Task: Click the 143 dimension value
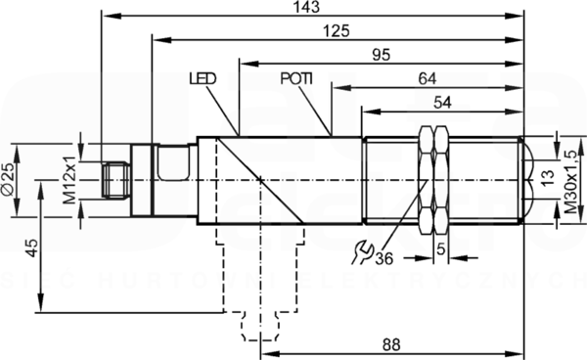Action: pyautogui.click(x=307, y=7)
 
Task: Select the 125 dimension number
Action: pyautogui.click(x=337, y=30)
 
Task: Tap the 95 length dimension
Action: pyautogui.click(x=382, y=55)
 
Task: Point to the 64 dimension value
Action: pyautogui.click(x=428, y=78)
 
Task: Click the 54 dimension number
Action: pyautogui.click(x=442, y=102)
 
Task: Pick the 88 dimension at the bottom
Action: pyautogui.click(x=391, y=344)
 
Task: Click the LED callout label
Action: pyautogui.click(x=203, y=78)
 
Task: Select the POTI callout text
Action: pyautogui.click(x=296, y=78)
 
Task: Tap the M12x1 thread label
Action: pyautogui.click(x=69, y=180)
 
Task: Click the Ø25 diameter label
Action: pyautogui.click(x=8, y=179)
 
